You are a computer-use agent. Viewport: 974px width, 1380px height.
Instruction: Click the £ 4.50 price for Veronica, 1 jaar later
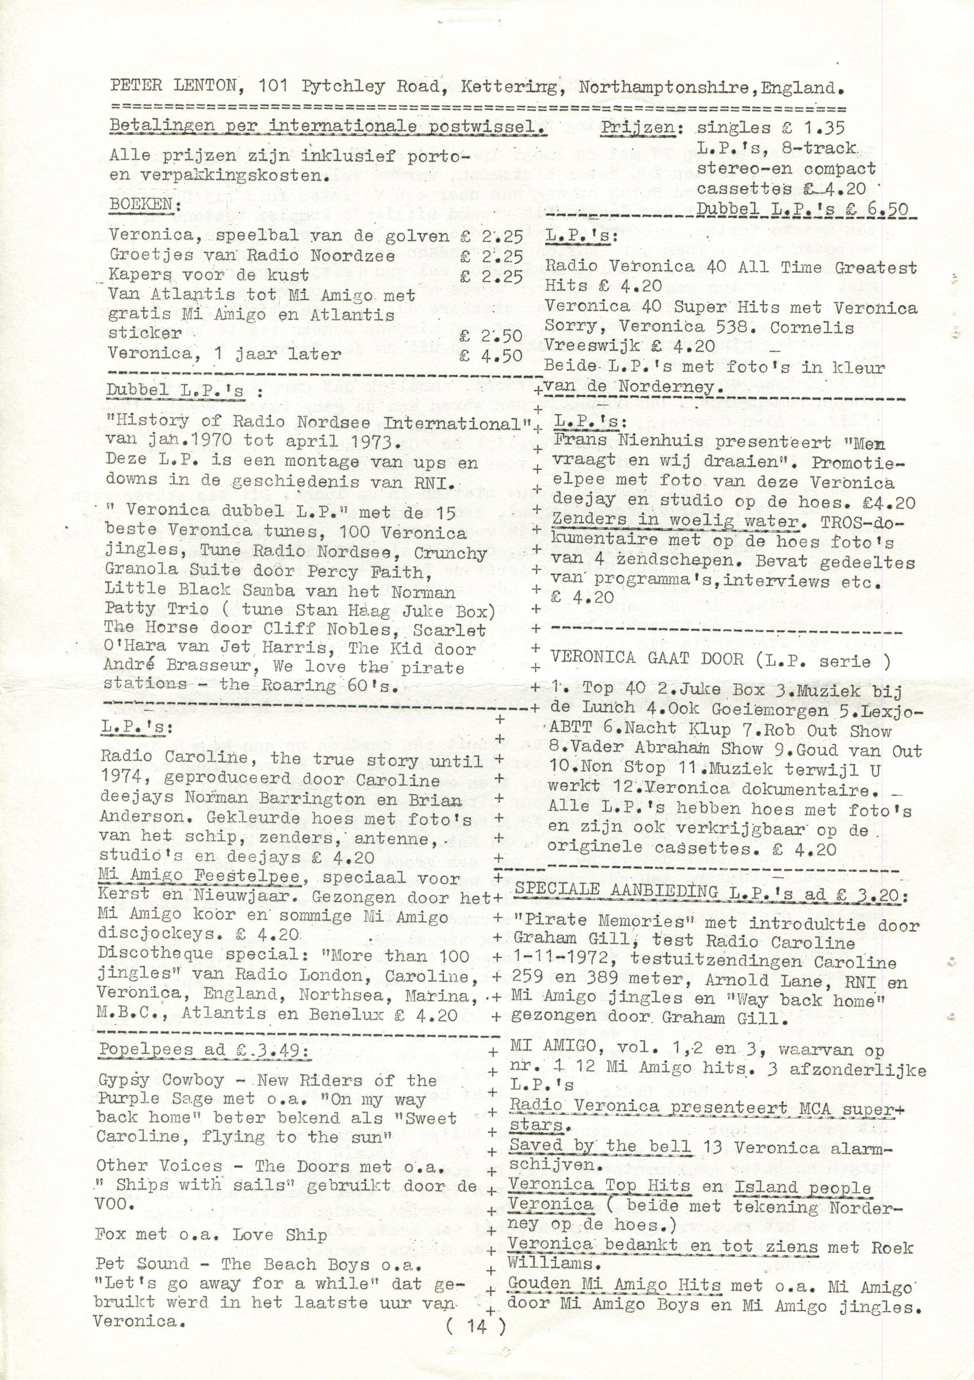point(491,355)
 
